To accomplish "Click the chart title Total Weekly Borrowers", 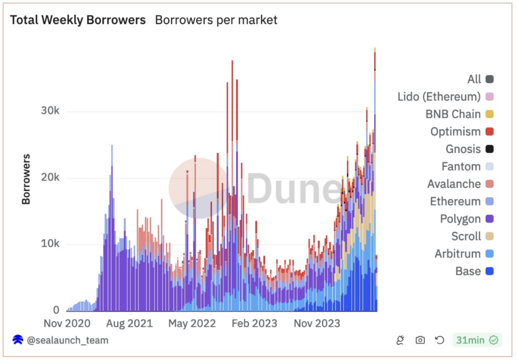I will coord(78,20).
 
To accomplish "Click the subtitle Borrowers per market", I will coord(216,20).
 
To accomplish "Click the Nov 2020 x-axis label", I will coord(67,324).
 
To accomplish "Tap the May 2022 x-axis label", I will coord(192,324).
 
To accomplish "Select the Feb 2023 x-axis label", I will coord(254,324).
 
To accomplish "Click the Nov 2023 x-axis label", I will coord(317,324).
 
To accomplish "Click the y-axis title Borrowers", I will coord(26,179).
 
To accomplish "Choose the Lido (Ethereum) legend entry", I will coord(439,97).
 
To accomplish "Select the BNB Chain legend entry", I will coord(453,114).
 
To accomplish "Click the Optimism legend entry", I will coord(456,132).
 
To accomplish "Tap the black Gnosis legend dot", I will coord(489,149).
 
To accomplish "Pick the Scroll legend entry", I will coord(466,236).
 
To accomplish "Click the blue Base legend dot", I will coord(489,271).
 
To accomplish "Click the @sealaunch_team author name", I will coord(67,340).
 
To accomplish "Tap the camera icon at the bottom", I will coord(420,340).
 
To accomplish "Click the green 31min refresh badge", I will coord(477,340).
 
